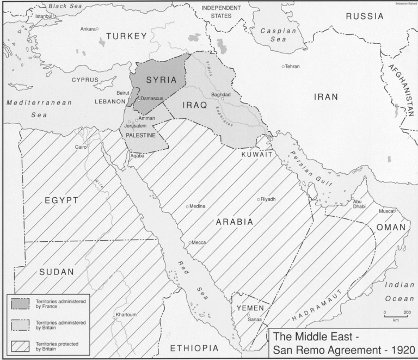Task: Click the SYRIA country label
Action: click(161, 80)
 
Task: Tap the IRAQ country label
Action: click(193, 105)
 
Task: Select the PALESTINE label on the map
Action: click(141, 136)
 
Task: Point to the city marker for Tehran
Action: click(283, 66)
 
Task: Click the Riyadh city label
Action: click(268, 199)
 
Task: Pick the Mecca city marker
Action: click(189, 242)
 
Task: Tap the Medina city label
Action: click(196, 206)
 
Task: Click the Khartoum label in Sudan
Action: click(126, 315)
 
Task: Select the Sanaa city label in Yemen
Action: click(255, 320)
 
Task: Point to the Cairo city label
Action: click(81, 147)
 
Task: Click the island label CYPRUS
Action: click(85, 80)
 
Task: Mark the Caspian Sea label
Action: click(278, 35)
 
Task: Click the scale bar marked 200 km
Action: click(396, 315)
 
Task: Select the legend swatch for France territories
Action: click(20, 303)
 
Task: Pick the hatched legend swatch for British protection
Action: click(20, 346)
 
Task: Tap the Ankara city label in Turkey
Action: click(88, 29)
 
